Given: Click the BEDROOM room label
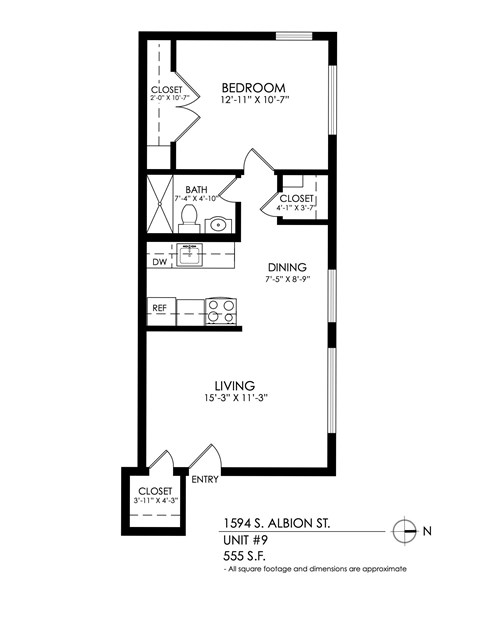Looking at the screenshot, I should click(x=254, y=87).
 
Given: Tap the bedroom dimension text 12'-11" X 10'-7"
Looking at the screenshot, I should click(x=254, y=100).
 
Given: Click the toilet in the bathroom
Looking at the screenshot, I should click(x=188, y=222).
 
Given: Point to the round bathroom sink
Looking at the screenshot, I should click(x=220, y=223).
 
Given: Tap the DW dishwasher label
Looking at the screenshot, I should click(x=159, y=262).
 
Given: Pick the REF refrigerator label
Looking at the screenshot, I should click(x=160, y=309).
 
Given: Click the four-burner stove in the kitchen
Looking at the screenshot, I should click(x=221, y=310).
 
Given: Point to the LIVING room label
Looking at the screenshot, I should click(x=235, y=385).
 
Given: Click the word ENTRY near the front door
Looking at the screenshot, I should click(x=204, y=479).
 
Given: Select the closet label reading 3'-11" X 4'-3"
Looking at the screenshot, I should click(x=152, y=500).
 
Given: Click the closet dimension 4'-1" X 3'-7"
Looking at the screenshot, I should click(x=297, y=209).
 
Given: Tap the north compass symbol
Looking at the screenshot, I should click(x=405, y=531).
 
